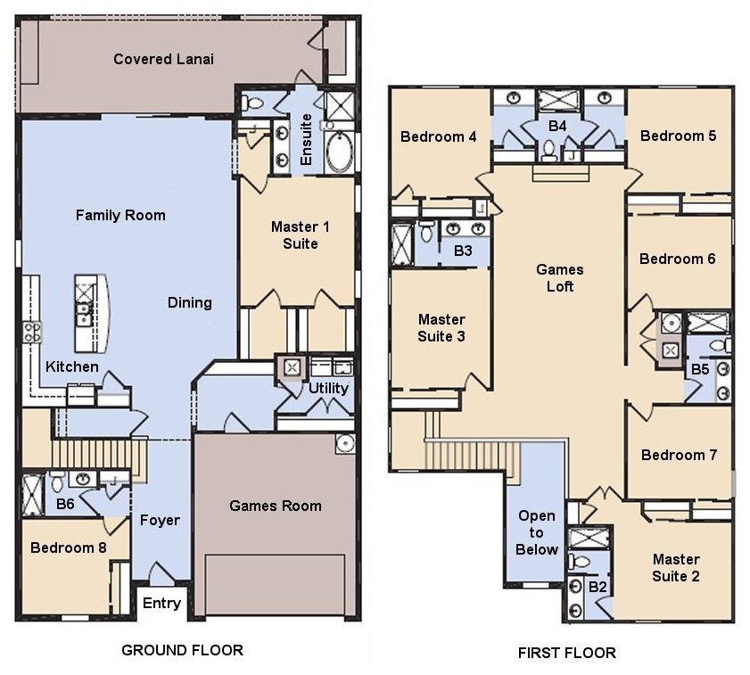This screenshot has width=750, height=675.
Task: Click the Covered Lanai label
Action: pos(163,60)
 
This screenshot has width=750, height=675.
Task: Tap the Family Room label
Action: pos(120,215)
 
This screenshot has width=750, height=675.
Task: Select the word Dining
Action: pos(190,302)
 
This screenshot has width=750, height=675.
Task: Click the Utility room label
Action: pos(328,389)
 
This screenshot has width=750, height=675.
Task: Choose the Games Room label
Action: pos(276,506)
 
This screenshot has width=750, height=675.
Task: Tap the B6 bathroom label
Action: pos(65,505)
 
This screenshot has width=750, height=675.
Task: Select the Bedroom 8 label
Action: pos(69,547)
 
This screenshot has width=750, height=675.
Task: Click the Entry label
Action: pos(161,604)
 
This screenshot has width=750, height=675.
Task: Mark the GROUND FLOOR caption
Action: pos(182,650)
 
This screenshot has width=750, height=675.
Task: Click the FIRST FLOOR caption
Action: pos(566,653)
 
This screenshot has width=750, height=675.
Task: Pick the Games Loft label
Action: pos(560,278)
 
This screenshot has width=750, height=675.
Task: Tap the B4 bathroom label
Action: pos(557,127)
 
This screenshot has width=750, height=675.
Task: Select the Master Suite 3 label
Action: pos(441,327)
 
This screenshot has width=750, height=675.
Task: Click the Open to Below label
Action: pos(537,532)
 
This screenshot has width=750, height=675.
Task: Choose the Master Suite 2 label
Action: pos(676,567)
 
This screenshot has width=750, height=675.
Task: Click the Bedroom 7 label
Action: pos(679,455)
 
